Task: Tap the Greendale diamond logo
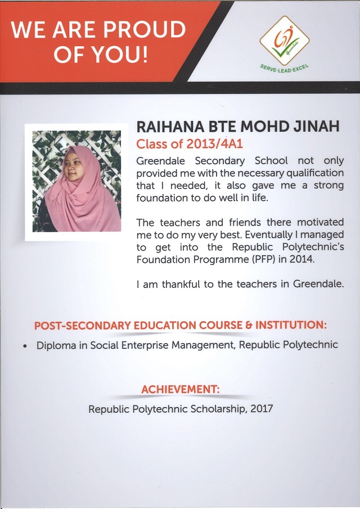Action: pyautogui.click(x=284, y=40)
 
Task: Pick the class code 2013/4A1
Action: pyautogui.click(x=210, y=145)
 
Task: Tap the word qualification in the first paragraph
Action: pyautogui.click(x=312, y=173)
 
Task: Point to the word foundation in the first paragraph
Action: pyautogui.click(x=163, y=198)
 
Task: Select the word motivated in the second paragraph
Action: pyautogui.click(x=320, y=223)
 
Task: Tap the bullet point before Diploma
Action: pyautogui.click(x=26, y=345)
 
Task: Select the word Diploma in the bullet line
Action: pyautogui.click(x=56, y=345)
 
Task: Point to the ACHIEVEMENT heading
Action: pyautogui.click(x=180, y=389)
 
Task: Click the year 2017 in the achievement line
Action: pyautogui.click(x=261, y=409)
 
